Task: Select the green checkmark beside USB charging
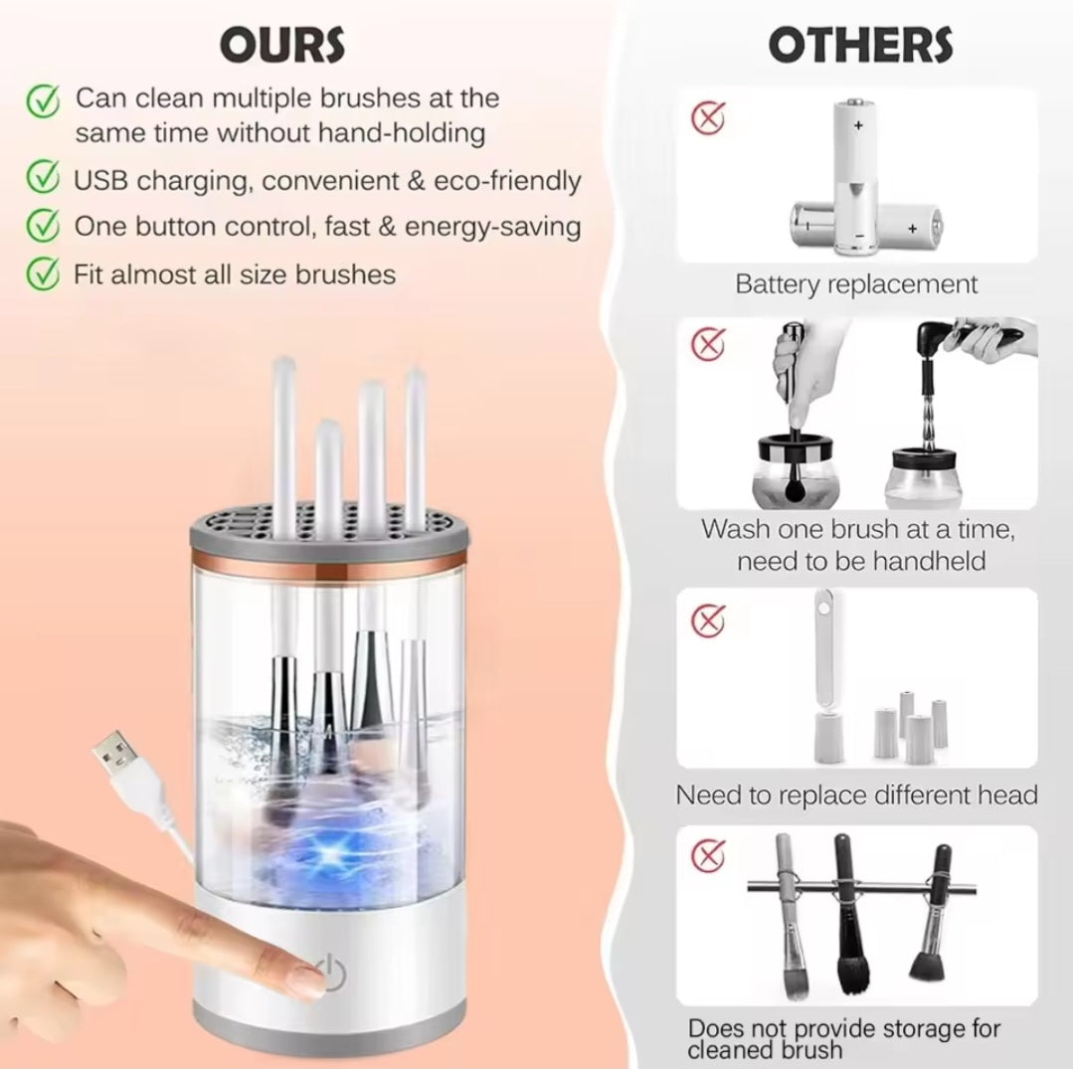[x=42, y=180]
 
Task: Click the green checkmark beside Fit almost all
[x=42, y=272]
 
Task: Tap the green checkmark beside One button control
[x=42, y=226]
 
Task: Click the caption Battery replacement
[x=856, y=284]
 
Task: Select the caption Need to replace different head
[x=856, y=796]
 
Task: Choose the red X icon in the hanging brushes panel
[x=708, y=854]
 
